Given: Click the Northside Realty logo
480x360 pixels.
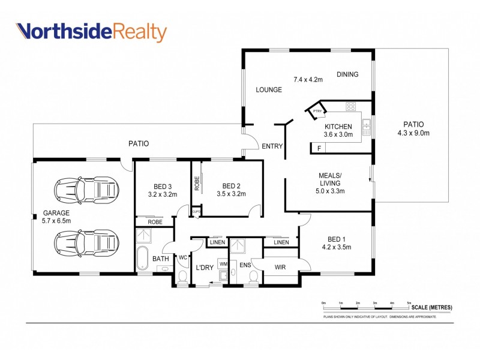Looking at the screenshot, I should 91,32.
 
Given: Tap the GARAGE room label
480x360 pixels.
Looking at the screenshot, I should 56,213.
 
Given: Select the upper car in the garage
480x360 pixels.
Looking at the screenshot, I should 86,191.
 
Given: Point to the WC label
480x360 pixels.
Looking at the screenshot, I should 183,257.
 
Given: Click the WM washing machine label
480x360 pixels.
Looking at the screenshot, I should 223,264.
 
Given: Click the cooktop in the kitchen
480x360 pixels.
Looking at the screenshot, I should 351,107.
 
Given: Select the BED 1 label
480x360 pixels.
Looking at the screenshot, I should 336,238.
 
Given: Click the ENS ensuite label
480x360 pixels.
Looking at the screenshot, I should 244,265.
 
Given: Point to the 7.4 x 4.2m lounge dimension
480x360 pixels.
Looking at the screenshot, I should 308,79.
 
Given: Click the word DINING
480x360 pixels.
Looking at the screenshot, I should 347,74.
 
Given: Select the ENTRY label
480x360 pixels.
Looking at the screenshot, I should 272,146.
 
